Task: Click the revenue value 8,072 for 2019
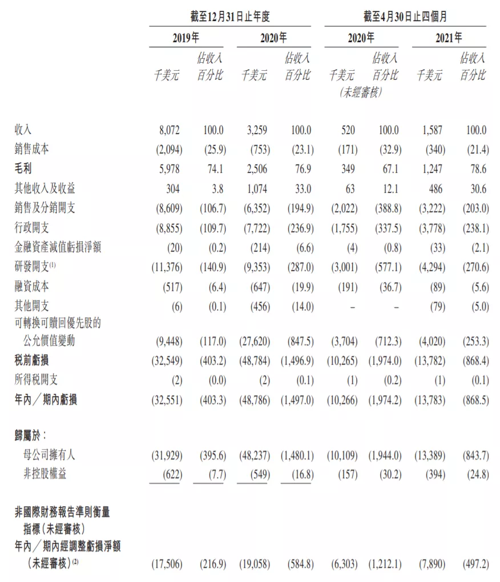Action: click(169, 130)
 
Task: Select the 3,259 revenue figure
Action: click(256, 130)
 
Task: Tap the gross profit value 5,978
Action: click(169, 169)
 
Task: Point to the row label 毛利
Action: click(23, 169)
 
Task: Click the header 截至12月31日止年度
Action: click(230, 17)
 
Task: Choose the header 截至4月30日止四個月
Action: click(405, 17)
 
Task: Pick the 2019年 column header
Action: click(186, 38)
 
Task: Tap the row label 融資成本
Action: click(32, 287)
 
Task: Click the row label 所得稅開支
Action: click(36, 379)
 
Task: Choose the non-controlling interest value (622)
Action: click(170, 474)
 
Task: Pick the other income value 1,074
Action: click(256, 188)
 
